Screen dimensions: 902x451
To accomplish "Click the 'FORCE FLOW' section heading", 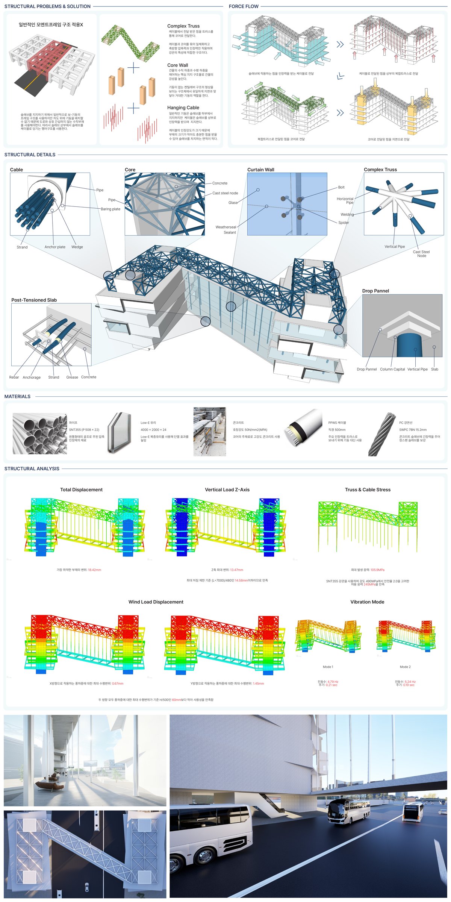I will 244,6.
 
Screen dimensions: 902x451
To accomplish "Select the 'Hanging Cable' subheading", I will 183,108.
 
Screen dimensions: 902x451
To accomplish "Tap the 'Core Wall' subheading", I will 177,65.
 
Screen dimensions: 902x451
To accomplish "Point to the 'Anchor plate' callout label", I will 55,247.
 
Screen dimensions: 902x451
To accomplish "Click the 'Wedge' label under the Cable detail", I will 77,247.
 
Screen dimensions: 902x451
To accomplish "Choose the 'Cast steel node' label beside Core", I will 225,193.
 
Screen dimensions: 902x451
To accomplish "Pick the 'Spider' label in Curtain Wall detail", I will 344,223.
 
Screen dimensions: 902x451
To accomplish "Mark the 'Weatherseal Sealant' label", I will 226,230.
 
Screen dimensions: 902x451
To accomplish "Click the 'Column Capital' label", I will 392,369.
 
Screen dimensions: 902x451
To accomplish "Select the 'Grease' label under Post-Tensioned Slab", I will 72,377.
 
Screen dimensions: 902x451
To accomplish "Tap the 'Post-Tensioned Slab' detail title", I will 34,300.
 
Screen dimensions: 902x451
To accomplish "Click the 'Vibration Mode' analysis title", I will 367,602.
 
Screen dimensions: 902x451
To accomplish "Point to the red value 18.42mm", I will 94,570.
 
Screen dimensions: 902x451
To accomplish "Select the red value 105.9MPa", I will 377,570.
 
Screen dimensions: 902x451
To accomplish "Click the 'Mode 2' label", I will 405,667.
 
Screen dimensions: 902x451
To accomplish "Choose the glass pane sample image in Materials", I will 119,432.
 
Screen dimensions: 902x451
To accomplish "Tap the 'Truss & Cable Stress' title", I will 368,490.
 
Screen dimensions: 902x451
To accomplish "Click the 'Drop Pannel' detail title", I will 375,291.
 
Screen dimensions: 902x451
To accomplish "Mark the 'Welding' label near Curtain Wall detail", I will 347,215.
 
